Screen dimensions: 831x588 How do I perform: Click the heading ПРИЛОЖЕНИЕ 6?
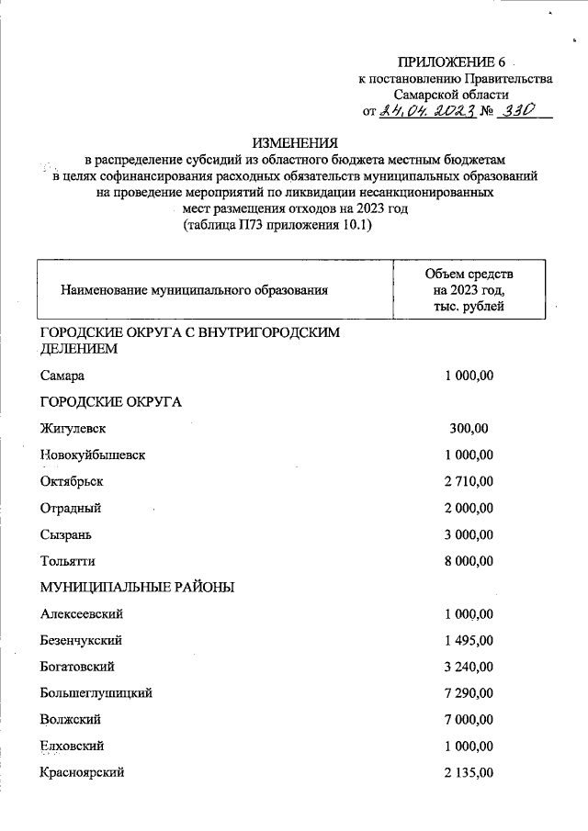click(x=452, y=62)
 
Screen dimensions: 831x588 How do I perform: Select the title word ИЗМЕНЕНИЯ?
click(x=295, y=142)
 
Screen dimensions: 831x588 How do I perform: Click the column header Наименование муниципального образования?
click(x=194, y=290)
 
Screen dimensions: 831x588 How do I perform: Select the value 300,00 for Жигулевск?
click(x=469, y=428)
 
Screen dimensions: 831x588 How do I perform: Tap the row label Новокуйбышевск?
click(x=93, y=455)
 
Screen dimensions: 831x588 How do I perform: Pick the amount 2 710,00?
click(x=469, y=481)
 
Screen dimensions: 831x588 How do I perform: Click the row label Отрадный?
click(x=71, y=508)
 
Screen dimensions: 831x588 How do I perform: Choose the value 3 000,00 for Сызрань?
click(x=469, y=534)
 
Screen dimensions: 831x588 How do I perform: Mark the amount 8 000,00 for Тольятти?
click(x=469, y=561)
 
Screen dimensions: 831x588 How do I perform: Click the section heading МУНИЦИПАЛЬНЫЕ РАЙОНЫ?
click(x=137, y=587)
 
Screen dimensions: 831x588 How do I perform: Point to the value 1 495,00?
click(x=469, y=640)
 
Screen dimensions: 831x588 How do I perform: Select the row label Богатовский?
click(x=77, y=667)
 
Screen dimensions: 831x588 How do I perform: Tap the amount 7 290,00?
click(x=469, y=693)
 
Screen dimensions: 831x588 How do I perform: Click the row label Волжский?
click(x=70, y=719)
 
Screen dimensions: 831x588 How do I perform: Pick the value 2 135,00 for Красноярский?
click(x=469, y=772)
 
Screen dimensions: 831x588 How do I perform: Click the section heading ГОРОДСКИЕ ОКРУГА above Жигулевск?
click(x=111, y=401)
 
